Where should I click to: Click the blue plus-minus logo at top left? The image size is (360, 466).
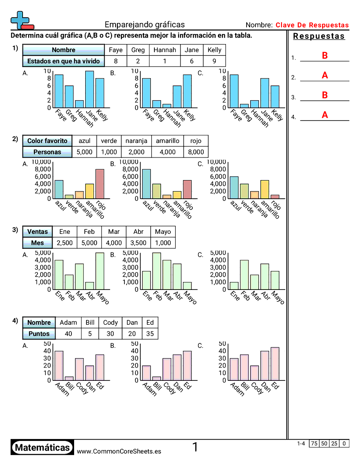(x=22, y=20)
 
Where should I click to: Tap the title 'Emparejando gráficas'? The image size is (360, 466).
(x=145, y=25)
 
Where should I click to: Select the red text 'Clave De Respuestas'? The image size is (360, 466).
(x=312, y=25)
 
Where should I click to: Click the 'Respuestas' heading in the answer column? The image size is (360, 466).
(x=319, y=36)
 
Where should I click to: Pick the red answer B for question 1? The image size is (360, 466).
(x=325, y=56)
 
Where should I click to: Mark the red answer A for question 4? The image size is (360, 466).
(x=325, y=115)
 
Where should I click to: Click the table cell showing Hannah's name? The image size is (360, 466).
(x=165, y=50)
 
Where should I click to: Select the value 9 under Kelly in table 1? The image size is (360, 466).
(x=214, y=61)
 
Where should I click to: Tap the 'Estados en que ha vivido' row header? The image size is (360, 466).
(x=64, y=61)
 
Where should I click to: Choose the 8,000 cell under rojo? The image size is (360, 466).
(x=196, y=152)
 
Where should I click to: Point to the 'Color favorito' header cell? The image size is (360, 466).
(x=47, y=141)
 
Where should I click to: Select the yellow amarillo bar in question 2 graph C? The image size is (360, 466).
(x=265, y=189)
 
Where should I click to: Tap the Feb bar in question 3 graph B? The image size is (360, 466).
(x=157, y=271)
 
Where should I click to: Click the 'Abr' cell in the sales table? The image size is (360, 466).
(x=139, y=232)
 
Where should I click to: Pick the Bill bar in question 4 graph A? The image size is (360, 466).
(x=69, y=378)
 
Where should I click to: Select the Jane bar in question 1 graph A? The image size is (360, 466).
(x=90, y=89)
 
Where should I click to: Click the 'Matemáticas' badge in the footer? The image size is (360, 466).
(x=42, y=447)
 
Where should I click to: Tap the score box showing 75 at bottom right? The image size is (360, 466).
(x=315, y=443)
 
